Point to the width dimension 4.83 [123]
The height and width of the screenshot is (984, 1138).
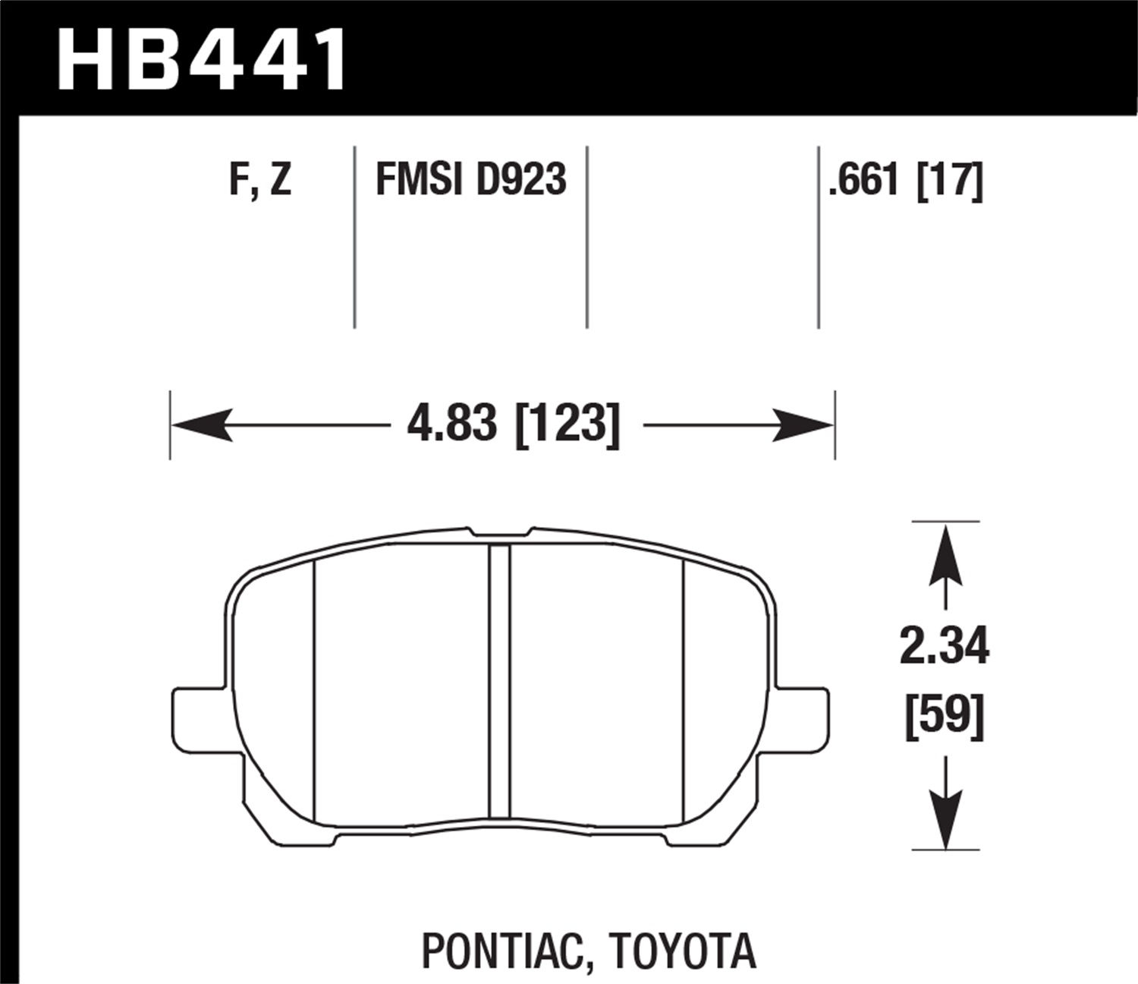(x=514, y=424)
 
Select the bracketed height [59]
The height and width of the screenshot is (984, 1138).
(x=945, y=716)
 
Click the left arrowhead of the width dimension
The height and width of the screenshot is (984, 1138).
(x=201, y=424)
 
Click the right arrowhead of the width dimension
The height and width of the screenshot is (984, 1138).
(x=803, y=424)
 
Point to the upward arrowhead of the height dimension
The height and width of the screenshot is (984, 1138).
(x=945, y=555)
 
